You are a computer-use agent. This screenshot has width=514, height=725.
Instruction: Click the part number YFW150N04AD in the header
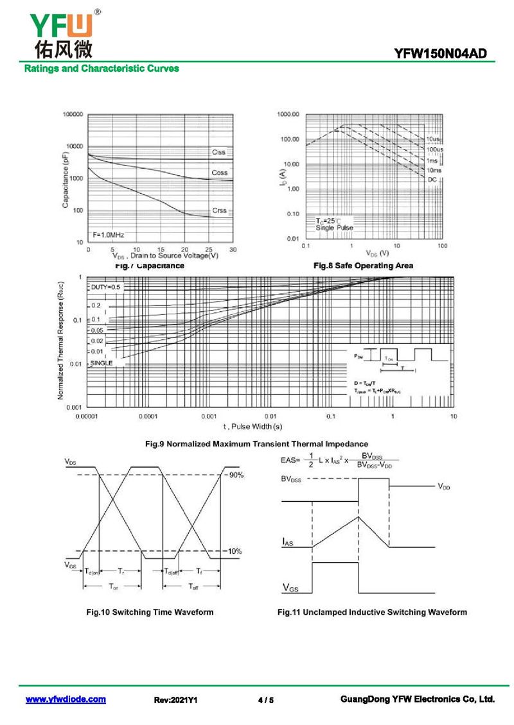pyautogui.click(x=449, y=55)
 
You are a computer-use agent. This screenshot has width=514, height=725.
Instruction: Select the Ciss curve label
pyautogui.click(x=219, y=152)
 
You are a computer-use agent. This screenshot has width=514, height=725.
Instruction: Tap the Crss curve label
pyautogui.click(x=219, y=211)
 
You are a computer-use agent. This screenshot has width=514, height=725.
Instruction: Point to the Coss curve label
pyautogui.click(x=219, y=173)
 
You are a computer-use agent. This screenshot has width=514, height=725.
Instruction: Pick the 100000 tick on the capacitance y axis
pyautogui.click(x=73, y=114)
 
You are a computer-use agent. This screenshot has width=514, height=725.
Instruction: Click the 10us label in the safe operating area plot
pyautogui.click(x=433, y=139)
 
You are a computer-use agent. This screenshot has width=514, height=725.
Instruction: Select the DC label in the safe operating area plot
pyautogui.click(x=432, y=180)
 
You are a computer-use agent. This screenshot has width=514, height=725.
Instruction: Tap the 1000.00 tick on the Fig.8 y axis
pyautogui.click(x=288, y=114)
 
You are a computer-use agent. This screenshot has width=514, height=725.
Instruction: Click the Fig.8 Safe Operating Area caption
pyautogui.click(x=363, y=265)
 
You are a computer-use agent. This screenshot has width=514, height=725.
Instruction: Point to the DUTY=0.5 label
pyautogui.click(x=105, y=287)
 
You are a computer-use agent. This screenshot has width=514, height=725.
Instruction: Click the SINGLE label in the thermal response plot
pyautogui.click(x=102, y=363)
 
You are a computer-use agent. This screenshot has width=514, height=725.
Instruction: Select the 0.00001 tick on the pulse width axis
pyautogui.click(x=87, y=416)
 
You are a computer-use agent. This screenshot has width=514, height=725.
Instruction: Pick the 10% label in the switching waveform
pyautogui.click(x=235, y=551)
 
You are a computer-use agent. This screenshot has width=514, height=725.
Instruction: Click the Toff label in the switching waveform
pyautogui.click(x=193, y=586)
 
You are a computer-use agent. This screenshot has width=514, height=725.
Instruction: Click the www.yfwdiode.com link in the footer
pyautogui.click(x=66, y=699)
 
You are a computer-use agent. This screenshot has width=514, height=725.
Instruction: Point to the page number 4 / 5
pyautogui.click(x=265, y=700)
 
